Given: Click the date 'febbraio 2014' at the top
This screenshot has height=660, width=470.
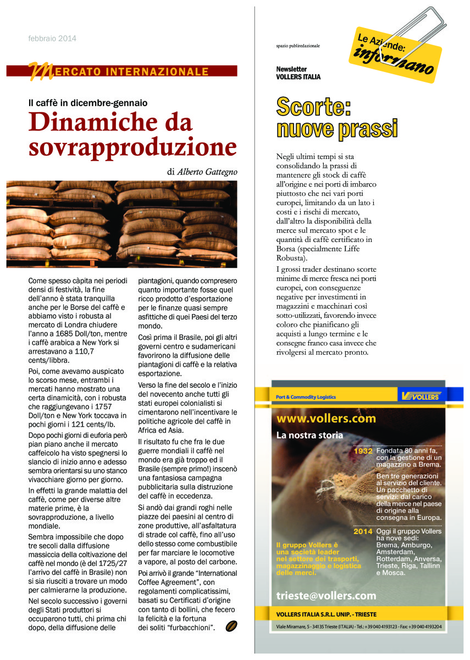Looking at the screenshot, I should click(52, 38).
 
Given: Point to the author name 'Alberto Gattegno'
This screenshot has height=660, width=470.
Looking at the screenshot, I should click(207, 172).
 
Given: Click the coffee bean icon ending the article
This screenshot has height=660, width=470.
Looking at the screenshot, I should click(231, 626).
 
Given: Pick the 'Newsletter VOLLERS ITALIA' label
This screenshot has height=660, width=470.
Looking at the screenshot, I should click(298, 73).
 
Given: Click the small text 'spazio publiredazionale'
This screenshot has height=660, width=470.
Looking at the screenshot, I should click(298, 46).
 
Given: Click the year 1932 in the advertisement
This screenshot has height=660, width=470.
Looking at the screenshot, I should click(363, 451).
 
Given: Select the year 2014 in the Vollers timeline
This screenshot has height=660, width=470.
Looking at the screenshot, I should click(363, 532).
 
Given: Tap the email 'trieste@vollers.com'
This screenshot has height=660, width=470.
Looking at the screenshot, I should click(326, 596).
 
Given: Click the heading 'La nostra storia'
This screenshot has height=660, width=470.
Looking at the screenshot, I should click(309, 436).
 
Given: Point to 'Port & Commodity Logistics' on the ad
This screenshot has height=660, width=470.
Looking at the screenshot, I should click(306, 397).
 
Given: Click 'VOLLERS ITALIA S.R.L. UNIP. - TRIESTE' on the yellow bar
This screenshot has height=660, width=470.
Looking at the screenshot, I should click(327, 614).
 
